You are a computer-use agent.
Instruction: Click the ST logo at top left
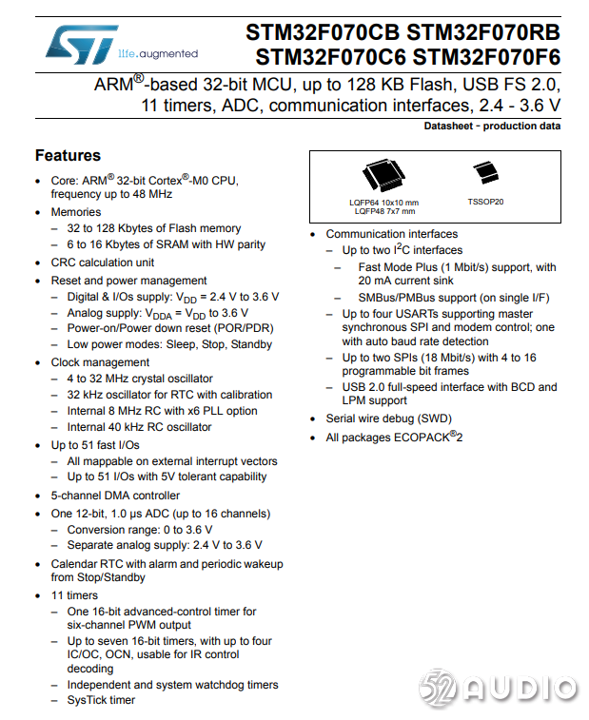click(x=79, y=44)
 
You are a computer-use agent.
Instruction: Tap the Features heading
click(x=68, y=155)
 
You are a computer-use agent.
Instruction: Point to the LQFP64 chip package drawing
click(x=383, y=176)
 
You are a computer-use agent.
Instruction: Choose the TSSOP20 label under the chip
click(x=485, y=202)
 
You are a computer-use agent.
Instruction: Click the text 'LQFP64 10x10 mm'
click(x=383, y=203)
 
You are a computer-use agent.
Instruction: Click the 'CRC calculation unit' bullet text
click(x=103, y=263)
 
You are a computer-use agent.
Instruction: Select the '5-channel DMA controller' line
click(x=115, y=496)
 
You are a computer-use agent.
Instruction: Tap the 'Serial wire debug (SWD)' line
click(x=388, y=418)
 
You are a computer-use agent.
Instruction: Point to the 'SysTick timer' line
click(x=101, y=700)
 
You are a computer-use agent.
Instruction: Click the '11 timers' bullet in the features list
click(x=74, y=595)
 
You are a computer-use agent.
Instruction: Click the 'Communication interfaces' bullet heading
click(x=391, y=234)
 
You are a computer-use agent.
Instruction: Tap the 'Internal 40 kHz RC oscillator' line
click(x=139, y=427)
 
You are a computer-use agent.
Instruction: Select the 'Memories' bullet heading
click(x=75, y=212)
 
